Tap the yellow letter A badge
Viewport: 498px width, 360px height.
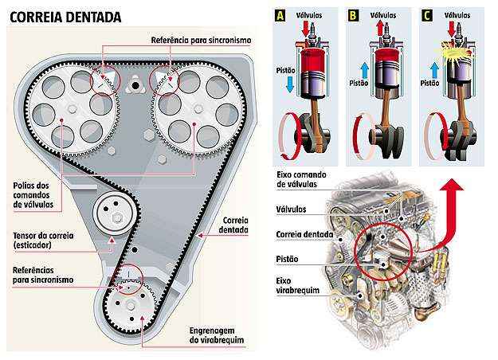pos(280,14)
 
